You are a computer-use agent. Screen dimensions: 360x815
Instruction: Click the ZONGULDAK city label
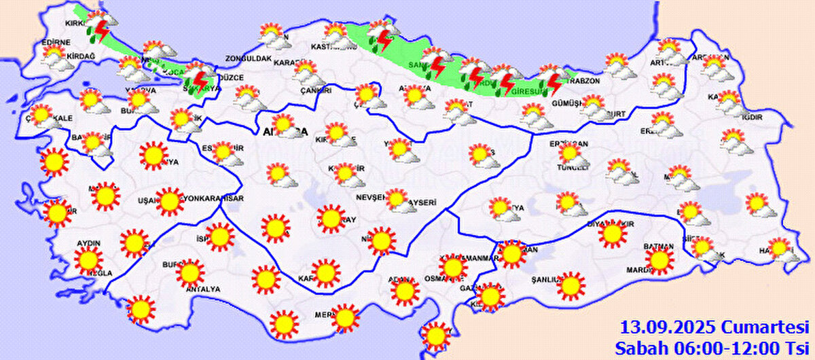(249, 59)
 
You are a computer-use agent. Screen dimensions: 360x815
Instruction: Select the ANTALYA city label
(202, 289)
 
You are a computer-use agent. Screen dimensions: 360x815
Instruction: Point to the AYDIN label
(90, 243)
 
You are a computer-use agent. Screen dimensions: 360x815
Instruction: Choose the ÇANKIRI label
(316, 90)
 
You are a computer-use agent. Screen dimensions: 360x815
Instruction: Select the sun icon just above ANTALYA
(190, 273)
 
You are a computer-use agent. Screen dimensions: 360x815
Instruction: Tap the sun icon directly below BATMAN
(658, 259)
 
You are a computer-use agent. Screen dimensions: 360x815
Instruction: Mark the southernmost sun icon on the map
(433, 335)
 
